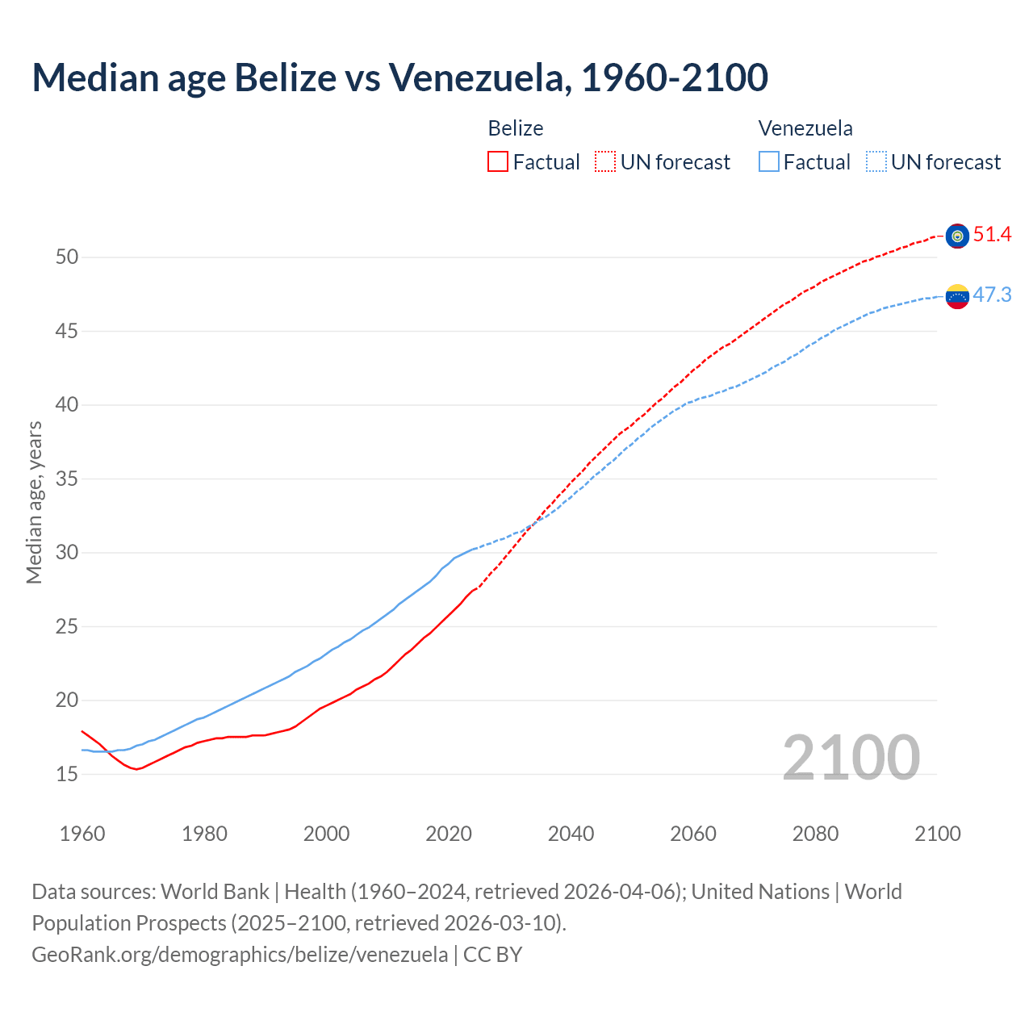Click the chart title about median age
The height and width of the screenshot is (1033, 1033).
click(x=399, y=77)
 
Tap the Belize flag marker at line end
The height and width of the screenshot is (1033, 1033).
click(x=957, y=236)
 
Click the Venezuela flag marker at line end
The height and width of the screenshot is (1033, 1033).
click(x=957, y=296)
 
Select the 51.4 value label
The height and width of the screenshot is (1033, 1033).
click(x=992, y=235)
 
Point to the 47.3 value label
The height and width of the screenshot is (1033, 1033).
click(x=992, y=295)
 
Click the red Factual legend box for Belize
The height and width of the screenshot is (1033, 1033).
click(x=498, y=161)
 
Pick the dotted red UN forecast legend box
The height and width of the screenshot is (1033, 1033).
click(x=605, y=161)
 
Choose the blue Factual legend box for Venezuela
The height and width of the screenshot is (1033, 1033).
click(x=769, y=161)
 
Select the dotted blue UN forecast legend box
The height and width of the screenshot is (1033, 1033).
click(x=876, y=161)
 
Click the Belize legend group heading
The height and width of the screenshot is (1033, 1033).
click(x=516, y=128)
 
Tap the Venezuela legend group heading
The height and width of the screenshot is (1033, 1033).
click(x=805, y=128)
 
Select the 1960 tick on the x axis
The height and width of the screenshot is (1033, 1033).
click(x=82, y=834)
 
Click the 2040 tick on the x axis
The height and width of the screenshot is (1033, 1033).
click(x=571, y=834)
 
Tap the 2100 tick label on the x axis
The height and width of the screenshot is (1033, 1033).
click(x=937, y=834)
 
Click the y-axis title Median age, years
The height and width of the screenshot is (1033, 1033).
click(x=34, y=502)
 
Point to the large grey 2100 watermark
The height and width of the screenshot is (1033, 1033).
click(x=851, y=758)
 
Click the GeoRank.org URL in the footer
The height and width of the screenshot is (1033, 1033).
click(x=240, y=955)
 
